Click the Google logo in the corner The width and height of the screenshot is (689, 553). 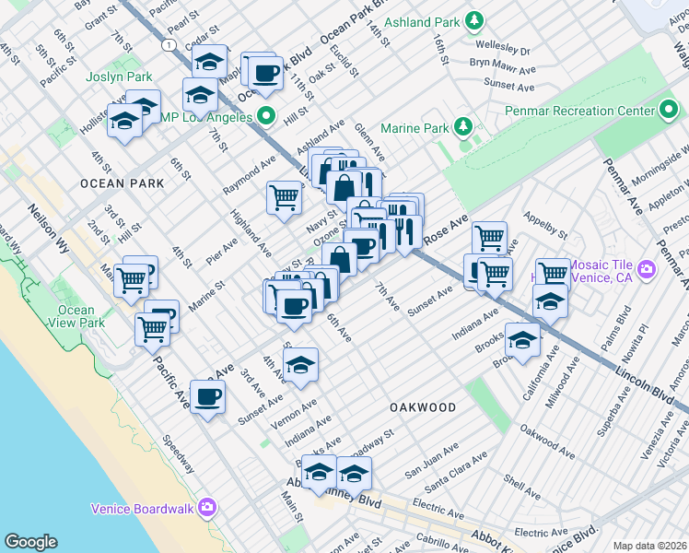(x=30, y=542)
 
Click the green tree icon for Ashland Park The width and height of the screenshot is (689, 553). (x=474, y=19)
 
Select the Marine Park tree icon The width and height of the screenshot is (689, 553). (x=464, y=126)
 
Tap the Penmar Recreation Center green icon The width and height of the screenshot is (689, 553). (x=669, y=112)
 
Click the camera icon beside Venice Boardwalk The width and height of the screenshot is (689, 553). (x=206, y=508)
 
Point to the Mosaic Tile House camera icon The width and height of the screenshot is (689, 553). (x=646, y=268)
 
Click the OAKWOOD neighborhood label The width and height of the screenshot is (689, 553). (x=423, y=407)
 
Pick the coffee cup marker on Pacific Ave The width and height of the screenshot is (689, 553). (x=208, y=397)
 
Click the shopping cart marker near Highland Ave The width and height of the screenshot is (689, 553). (x=285, y=195)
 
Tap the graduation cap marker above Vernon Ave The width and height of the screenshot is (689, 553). (x=300, y=365)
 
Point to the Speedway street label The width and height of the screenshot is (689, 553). (x=179, y=454)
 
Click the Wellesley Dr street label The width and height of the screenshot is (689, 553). (x=503, y=52)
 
